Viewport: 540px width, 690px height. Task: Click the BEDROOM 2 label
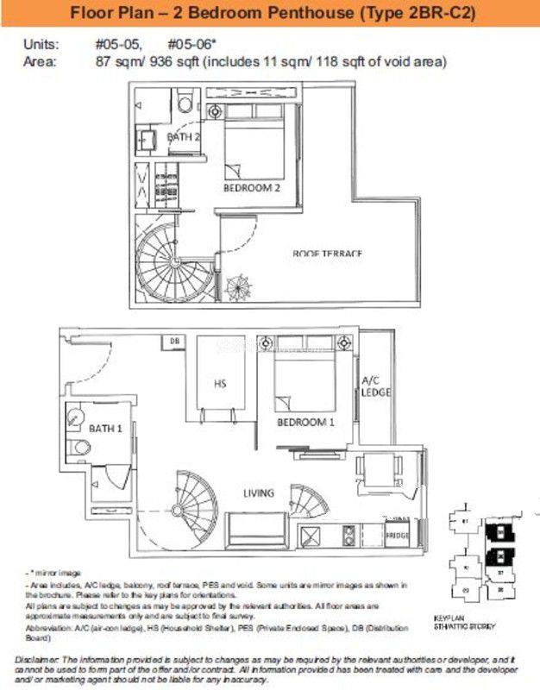pyautogui.click(x=251, y=187)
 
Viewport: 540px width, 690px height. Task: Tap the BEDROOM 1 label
pyautogui.click(x=305, y=423)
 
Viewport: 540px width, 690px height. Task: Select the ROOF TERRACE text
pyautogui.click(x=327, y=253)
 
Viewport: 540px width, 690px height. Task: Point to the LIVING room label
pyautogui.click(x=258, y=493)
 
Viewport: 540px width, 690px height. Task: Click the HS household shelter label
pyautogui.click(x=220, y=384)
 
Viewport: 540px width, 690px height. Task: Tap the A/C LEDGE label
pyautogui.click(x=376, y=386)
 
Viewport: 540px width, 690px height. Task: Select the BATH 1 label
pyautogui.click(x=106, y=428)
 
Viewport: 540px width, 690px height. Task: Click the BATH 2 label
pyautogui.click(x=184, y=137)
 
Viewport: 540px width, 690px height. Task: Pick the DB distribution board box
pyautogui.click(x=174, y=342)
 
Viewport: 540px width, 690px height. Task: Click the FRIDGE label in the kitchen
pyautogui.click(x=397, y=536)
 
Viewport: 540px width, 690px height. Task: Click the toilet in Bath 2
pyautogui.click(x=185, y=104)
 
